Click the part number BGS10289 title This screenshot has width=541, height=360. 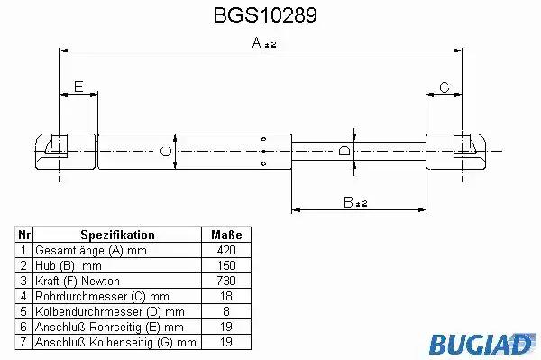(265, 15)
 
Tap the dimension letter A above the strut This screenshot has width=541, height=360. (257, 42)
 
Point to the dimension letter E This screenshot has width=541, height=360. (78, 87)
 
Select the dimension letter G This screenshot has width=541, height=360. (445, 88)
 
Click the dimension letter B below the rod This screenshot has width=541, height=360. (348, 202)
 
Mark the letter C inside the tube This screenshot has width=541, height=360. (166, 152)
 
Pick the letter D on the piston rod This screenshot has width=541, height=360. (344, 151)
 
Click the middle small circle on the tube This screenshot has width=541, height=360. (263, 152)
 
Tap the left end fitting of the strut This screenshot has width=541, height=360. (66, 152)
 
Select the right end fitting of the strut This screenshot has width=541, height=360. (456, 152)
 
